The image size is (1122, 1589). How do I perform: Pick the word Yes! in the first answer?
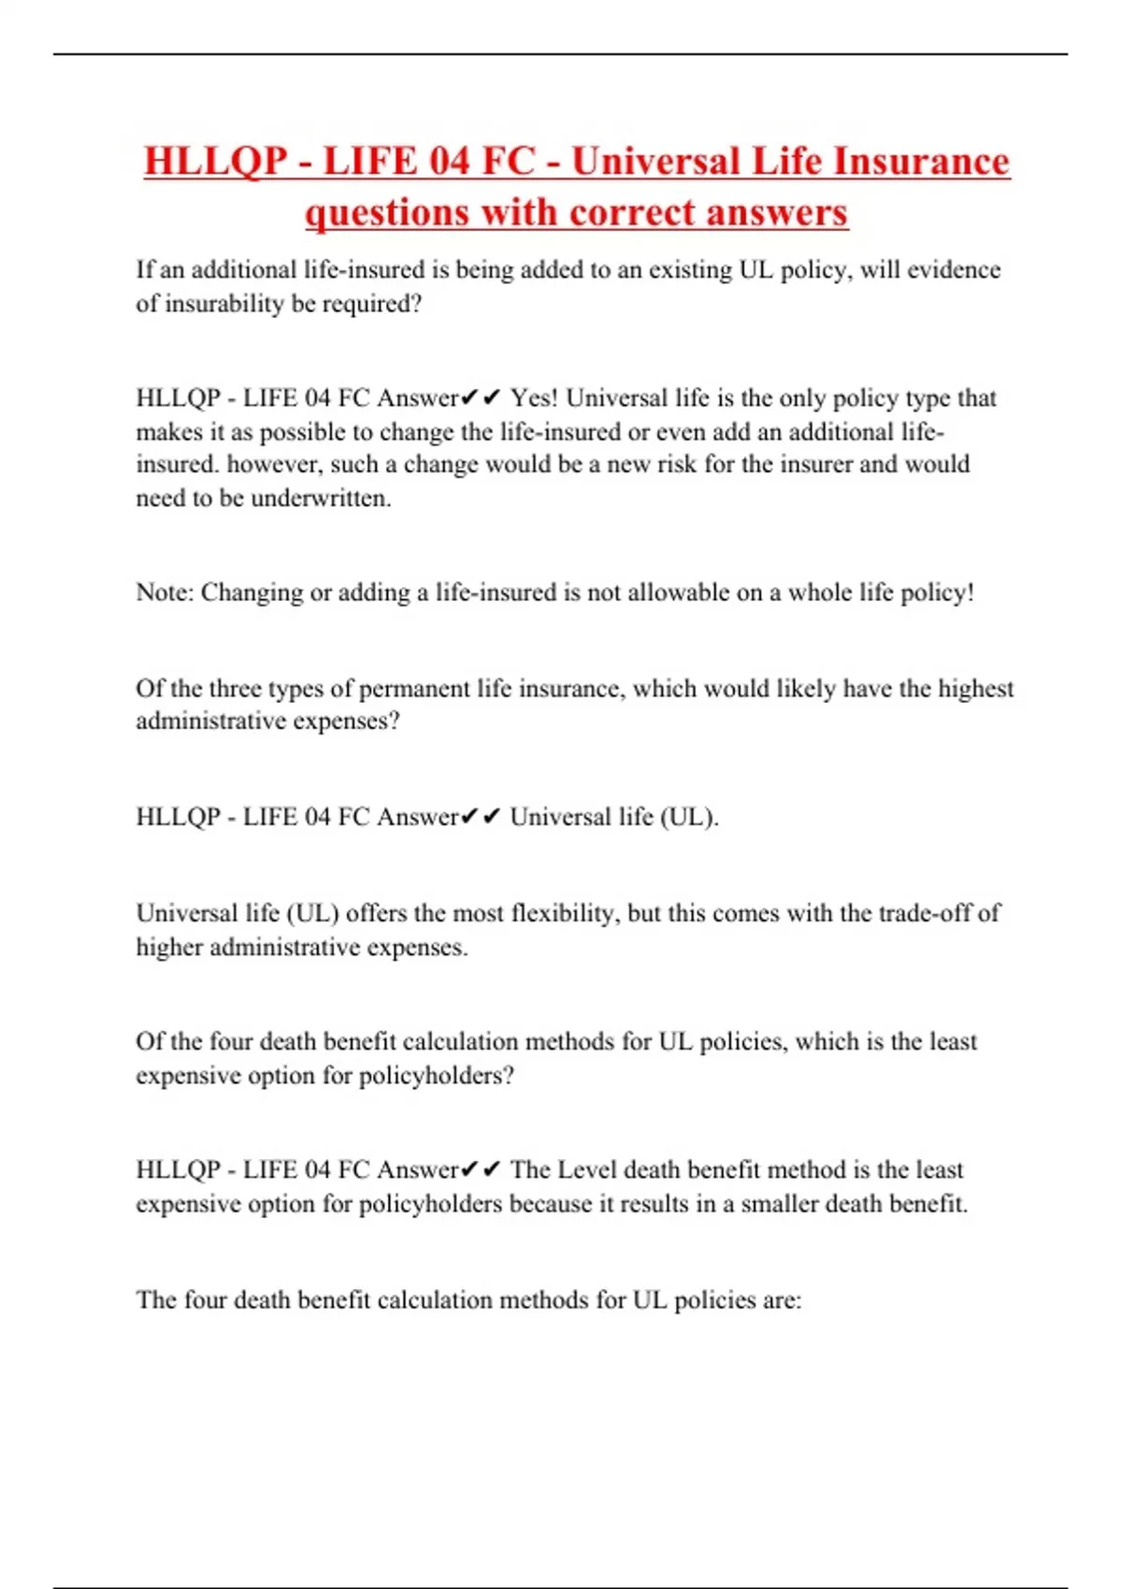tap(534, 398)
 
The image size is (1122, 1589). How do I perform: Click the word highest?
tap(975, 689)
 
